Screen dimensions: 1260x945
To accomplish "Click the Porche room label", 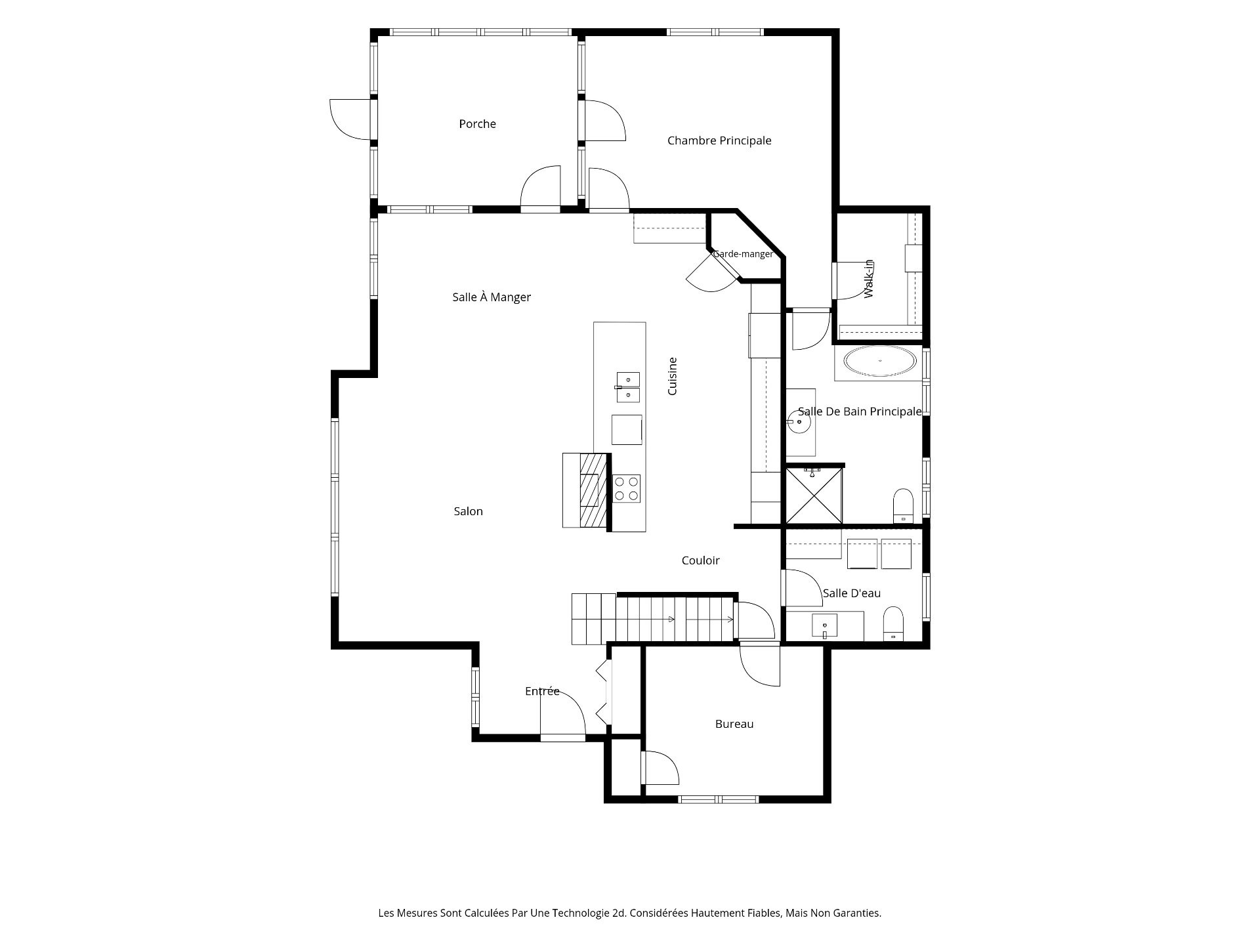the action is [477, 124].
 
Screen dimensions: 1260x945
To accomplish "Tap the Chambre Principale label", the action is [719, 140].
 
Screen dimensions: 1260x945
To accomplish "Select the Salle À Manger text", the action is [492, 297].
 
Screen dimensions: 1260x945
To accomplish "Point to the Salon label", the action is [468, 511].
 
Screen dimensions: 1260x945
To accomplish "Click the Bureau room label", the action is [734, 724].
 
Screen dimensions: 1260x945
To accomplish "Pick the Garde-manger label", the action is [743, 254].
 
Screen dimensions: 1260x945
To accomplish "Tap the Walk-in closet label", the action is [869, 279].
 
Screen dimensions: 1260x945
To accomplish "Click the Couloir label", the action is [700, 560].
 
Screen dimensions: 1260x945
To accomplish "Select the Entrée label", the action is [542, 691].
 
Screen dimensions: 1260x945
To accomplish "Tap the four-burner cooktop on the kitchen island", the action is [626, 489].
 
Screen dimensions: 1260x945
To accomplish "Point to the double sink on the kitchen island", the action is [627, 387].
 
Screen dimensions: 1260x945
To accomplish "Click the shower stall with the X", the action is [814, 495].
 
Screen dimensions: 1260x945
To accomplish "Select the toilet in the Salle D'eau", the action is [893, 624].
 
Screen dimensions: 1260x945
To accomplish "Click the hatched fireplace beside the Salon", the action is [593, 490].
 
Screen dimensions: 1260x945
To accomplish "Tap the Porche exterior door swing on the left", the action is [350, 119].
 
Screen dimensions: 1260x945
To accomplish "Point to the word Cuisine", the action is [672, 376].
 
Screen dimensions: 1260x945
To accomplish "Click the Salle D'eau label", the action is [852, 593].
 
